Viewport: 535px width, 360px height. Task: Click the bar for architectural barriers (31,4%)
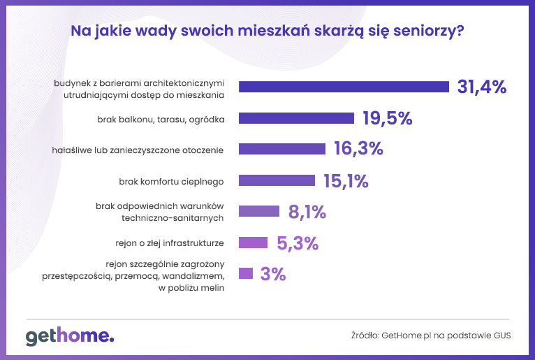(344, 87)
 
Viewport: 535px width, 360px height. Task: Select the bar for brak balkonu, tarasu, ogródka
(297, 118)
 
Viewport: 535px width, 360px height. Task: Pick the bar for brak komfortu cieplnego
(277, 180)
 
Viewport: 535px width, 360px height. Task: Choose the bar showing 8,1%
(259, 211)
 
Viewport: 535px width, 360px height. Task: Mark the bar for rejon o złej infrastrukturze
(253, 243)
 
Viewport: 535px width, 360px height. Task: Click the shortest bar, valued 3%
(246, 273)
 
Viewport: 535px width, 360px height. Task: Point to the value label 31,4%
(481, 87)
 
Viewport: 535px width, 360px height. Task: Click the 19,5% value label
(387, 118)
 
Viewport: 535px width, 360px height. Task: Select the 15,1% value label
(346, 180)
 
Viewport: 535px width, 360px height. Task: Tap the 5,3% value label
(298, 243)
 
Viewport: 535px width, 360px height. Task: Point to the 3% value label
(273, 273)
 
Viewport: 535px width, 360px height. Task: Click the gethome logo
(70, 336)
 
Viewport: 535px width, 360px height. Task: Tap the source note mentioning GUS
(430, 336)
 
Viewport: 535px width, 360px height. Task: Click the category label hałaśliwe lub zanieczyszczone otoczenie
(138, 150)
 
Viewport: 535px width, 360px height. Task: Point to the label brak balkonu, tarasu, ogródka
(161, 119)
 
